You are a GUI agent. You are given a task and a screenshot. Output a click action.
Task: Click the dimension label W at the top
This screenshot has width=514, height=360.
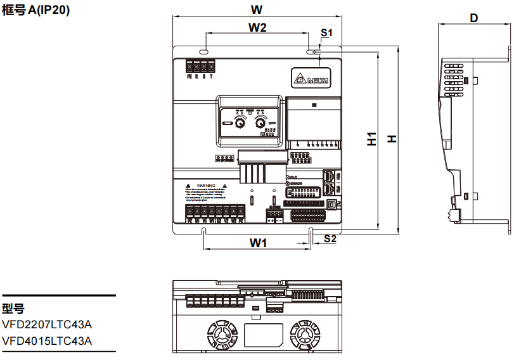pyautogui.click(x=256, y=10)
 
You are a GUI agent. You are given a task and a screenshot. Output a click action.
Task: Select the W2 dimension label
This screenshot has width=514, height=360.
pyautogui.click(x=256, y=28)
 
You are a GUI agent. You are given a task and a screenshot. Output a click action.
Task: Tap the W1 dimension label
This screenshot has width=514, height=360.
pyautogui.click(x=257, y=242)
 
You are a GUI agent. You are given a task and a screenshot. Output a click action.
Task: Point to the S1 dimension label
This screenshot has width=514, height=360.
pyautogui.click(x=326, y=32)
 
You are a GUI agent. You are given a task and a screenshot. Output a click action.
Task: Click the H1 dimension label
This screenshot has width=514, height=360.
pyautogui.click(x=372, y=139)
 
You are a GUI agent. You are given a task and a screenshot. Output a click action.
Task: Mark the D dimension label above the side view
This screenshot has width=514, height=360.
pyautogui.click(x=473, y=18)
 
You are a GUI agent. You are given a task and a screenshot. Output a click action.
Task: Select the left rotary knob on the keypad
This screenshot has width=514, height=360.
pyautogui.click(x=240, y=123)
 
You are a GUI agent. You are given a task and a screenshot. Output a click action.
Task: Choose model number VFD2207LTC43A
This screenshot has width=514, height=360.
pyautogui.click(x=47, y=325)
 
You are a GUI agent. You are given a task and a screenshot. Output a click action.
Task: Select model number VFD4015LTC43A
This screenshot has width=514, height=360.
pyautogui.click(x=47, y=341)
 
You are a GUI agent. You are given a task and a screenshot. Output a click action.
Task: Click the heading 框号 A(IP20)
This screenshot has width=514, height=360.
pyautogui.click(x=35, y=11)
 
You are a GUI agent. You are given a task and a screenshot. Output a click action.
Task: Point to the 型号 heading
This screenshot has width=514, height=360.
pyautogui.click(x=13, y=309)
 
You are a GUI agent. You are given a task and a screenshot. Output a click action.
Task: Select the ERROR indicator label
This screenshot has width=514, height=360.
pyautogui.click(x=297, y=184)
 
